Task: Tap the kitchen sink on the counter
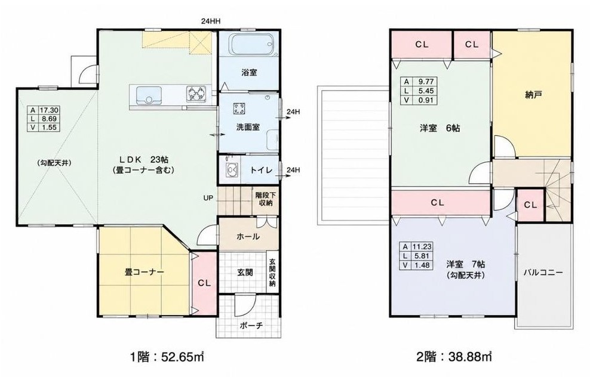[149, 95]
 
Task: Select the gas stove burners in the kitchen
[196, 94]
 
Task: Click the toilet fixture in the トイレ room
[231, 170]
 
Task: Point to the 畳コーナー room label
[144, 272]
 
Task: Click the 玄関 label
[245, 272]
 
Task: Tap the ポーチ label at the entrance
[251, 326]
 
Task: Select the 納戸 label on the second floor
[533, 95]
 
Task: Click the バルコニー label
[543, 273]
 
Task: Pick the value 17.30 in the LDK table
[49, 110]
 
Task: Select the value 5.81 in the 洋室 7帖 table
[422, 256]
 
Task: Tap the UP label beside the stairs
[208, 197]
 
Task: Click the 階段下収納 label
[266, 199]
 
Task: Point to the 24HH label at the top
[210, 21]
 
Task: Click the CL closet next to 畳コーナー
[204, 283]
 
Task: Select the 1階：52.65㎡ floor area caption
[167, 356]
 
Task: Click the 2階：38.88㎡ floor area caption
[454, 356]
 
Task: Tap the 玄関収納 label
[272, 273]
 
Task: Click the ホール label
[248, 236]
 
